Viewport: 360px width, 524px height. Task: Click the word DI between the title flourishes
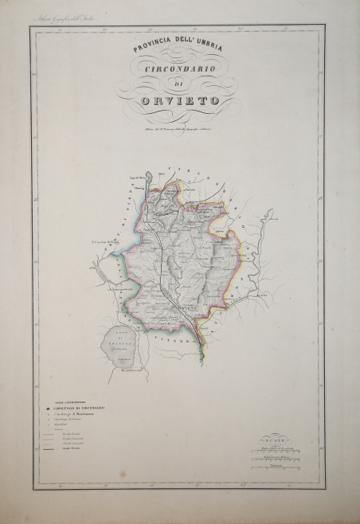[x=178, y=86]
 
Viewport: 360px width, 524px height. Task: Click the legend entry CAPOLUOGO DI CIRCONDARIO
[x=79, y=409]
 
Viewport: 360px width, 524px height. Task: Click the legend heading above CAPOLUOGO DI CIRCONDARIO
[x=69, y=401]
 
